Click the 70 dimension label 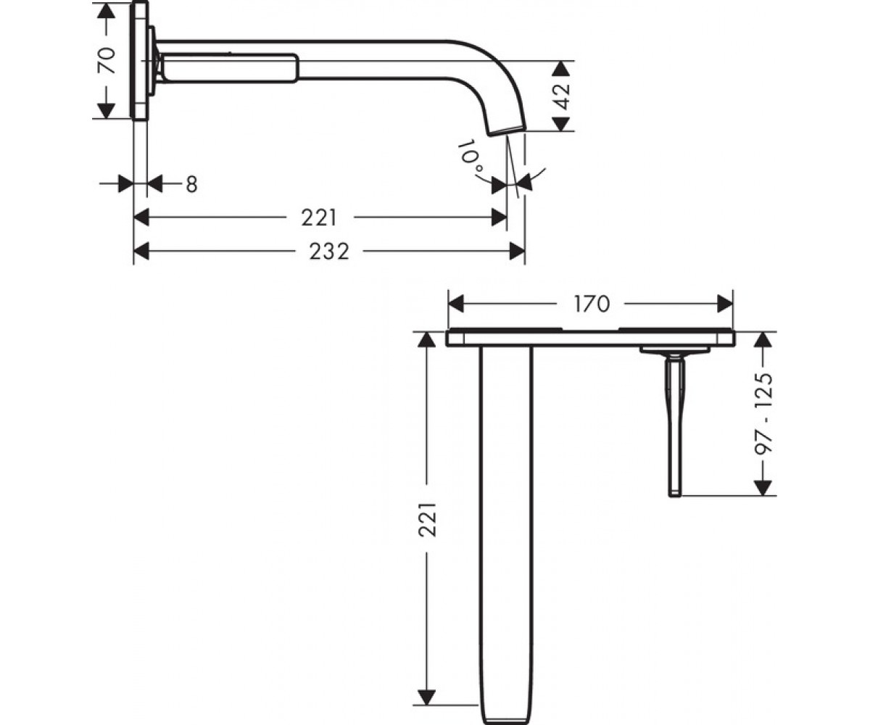pyautogui.click(x=107, y=60)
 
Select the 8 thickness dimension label pyautogui.click(x=191, y=184)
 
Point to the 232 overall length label pyautogui.click(x=328, y=252)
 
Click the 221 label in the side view pyautogui.click(x=319, y=217)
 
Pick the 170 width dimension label pyautogui.click(x=592, y=304)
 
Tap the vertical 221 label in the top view pyautogui.click(x=428, y=520)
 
